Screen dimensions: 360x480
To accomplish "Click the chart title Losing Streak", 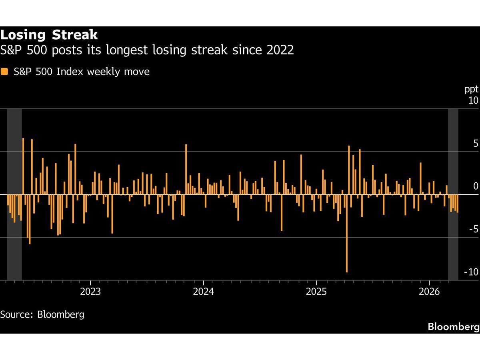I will click(49, 35).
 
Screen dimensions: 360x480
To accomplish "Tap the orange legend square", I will click(4, 72).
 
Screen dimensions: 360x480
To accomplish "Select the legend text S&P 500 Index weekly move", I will click(82, 72).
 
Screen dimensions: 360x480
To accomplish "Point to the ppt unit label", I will click(471, 89).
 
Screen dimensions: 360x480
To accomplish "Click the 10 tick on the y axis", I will click(473, 100).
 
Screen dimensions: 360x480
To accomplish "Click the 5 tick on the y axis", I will click(476, 143).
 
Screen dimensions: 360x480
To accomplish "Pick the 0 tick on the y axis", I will click(476, 186).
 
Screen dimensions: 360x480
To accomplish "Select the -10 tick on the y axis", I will click(471, 272).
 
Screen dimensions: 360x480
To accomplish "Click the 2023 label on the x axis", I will click(90, 291).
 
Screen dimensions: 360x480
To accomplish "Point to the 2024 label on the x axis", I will click(203, 291).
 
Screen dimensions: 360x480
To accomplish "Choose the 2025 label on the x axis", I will click(316, 291).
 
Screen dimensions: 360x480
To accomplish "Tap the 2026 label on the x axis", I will click(429, 291).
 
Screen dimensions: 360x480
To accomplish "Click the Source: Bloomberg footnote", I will click(42, 314).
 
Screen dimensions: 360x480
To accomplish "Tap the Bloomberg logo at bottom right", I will click(453, 327).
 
